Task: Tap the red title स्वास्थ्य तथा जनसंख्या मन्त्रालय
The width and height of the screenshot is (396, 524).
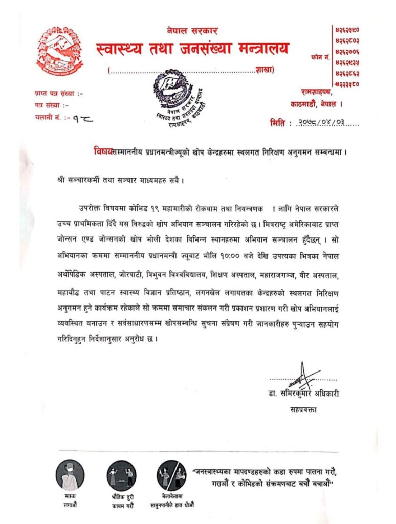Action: coord(192,49)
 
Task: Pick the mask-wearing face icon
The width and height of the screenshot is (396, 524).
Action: coord(70,474)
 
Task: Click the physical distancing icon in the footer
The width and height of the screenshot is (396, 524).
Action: coord(121,475)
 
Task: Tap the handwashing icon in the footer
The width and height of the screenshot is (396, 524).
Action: coord(171,474)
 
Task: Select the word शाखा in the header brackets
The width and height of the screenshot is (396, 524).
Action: coord(265,70)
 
